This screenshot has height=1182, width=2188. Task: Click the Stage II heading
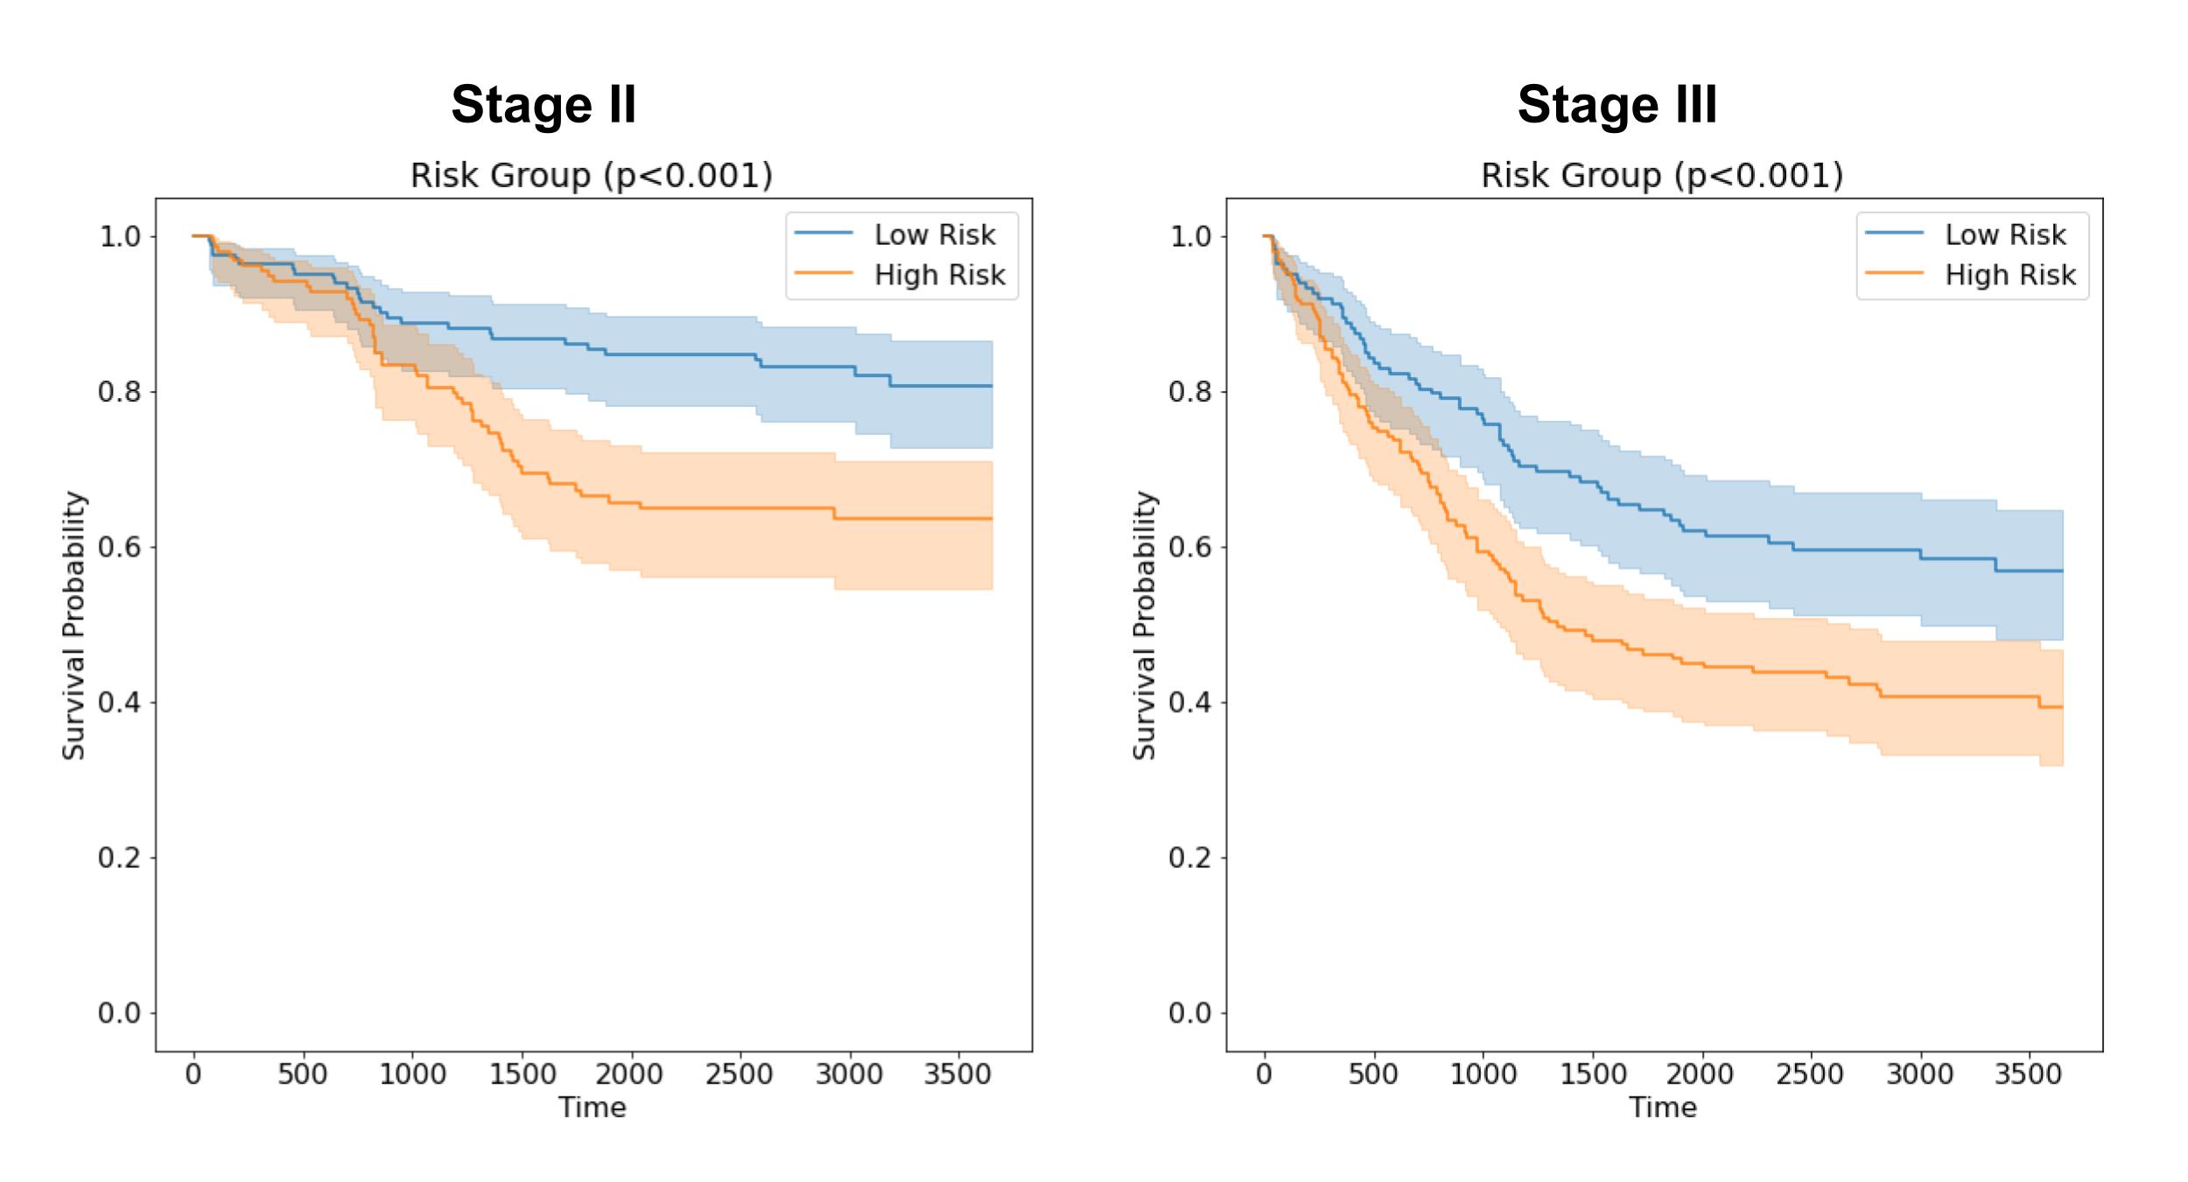pos(543,105)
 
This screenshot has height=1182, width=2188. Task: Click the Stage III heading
pos(1616,105)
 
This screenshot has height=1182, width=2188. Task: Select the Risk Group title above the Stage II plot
pos(592,175)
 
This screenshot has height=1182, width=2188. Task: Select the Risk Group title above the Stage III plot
pos(1662,175)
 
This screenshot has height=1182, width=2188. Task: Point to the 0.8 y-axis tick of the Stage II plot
pos(118,391)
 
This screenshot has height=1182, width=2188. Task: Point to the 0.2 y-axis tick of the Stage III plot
pos(1189,857)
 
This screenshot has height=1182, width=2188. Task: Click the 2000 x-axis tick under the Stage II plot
pos(630,1074)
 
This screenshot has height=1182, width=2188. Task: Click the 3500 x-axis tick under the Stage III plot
pos(2028,1074)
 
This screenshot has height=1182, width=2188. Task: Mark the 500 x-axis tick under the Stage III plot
pos(1372,1074)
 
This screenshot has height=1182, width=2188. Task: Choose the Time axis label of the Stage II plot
pos(593,1108)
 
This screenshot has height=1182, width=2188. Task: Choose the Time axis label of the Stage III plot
pos(1663,1108)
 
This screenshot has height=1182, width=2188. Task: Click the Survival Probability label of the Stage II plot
pos(74,625)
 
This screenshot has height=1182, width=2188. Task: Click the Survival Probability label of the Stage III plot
pos(1145,625)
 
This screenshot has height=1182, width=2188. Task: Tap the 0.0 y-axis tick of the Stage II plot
pos(118,1013)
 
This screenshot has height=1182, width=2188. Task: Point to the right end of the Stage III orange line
pos(2062,707)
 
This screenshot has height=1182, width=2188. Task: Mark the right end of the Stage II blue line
pos(992,386)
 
